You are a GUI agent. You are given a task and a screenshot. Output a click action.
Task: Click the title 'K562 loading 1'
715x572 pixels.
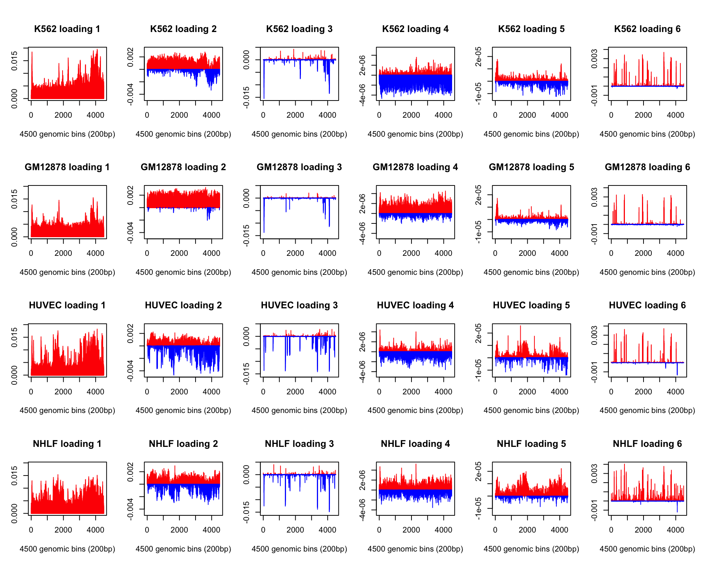click(x=67, y=29)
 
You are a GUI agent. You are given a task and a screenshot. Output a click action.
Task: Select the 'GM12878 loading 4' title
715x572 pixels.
click(x=415, y=167)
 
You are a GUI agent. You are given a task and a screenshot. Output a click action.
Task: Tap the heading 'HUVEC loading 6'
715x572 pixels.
click(x=647, y=305)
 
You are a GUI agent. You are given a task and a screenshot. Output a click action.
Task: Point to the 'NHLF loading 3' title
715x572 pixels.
click(x=299, y=444)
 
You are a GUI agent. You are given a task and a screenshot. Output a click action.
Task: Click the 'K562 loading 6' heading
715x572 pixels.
click(x=647, y=29)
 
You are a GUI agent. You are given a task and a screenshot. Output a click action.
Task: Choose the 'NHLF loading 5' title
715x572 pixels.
click(x=531, y=444)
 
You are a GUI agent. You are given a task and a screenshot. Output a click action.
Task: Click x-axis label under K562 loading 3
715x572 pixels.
click(x=299, y=134)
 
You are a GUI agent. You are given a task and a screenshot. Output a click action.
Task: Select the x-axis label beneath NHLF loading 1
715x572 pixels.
click(x=67, y=549)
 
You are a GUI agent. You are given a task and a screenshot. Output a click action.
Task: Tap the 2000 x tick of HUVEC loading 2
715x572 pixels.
click(x=179, y=392)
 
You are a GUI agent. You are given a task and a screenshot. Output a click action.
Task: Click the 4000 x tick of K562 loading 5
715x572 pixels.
click(x=559, y=115)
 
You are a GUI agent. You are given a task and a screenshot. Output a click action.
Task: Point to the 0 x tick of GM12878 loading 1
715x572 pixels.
click(x=31, y=253)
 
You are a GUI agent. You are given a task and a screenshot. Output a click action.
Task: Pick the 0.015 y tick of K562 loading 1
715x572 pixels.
click(x=14, y=61)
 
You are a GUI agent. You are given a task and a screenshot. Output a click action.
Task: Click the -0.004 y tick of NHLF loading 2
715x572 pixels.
click(x=130, y=509)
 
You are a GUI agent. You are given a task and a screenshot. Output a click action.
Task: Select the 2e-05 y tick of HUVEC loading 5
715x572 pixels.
click(x=479, y=333)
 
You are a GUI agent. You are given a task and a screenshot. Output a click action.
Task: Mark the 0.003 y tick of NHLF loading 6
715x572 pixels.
click(x=594, y=474)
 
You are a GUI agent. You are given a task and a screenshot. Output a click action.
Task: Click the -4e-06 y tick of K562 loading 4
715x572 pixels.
click(x=362, y=95)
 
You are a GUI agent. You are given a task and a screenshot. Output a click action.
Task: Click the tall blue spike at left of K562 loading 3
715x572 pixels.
click(x=264, y=79)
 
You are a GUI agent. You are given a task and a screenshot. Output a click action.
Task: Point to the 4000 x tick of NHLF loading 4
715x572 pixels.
click(x=444, y=530)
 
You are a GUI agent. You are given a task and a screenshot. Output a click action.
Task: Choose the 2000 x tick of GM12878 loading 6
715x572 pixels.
click(x=643, y=253)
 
